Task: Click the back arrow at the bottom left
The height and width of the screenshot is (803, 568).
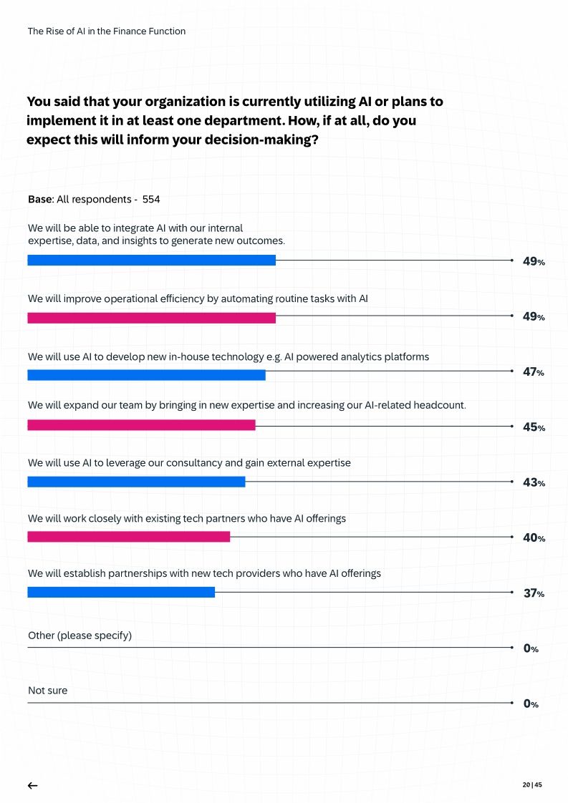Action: [32, 785]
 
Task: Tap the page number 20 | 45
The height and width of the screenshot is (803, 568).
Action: [532, 784]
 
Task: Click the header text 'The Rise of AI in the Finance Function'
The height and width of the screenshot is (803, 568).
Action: [107, 31]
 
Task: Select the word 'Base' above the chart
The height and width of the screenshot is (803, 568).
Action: [39, 199]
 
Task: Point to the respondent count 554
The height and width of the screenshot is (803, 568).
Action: [151, 199]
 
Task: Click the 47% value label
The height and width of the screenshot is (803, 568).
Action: [534, 372]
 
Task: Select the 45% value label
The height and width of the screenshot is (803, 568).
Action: [534, 427]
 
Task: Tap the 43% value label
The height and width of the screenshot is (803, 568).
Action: [534, 482]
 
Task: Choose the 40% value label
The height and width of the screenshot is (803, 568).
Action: [534, 537]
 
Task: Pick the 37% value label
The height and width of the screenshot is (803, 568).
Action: [534, 593]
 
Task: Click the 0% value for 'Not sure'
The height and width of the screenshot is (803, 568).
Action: [531, 704]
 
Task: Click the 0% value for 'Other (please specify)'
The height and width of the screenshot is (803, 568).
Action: [531, 648]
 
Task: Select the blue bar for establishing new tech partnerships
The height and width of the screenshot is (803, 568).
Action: [121, 592]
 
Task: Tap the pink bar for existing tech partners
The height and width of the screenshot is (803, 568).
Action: [129, 537]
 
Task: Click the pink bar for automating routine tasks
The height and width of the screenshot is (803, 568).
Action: [151, 318]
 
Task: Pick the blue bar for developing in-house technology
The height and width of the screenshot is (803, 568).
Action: [146, 375]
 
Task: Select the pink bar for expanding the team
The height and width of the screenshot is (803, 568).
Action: [141, 425]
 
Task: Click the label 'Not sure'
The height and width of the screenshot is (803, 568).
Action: [47, 691]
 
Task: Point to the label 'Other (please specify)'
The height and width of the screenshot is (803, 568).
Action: [80, 636]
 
